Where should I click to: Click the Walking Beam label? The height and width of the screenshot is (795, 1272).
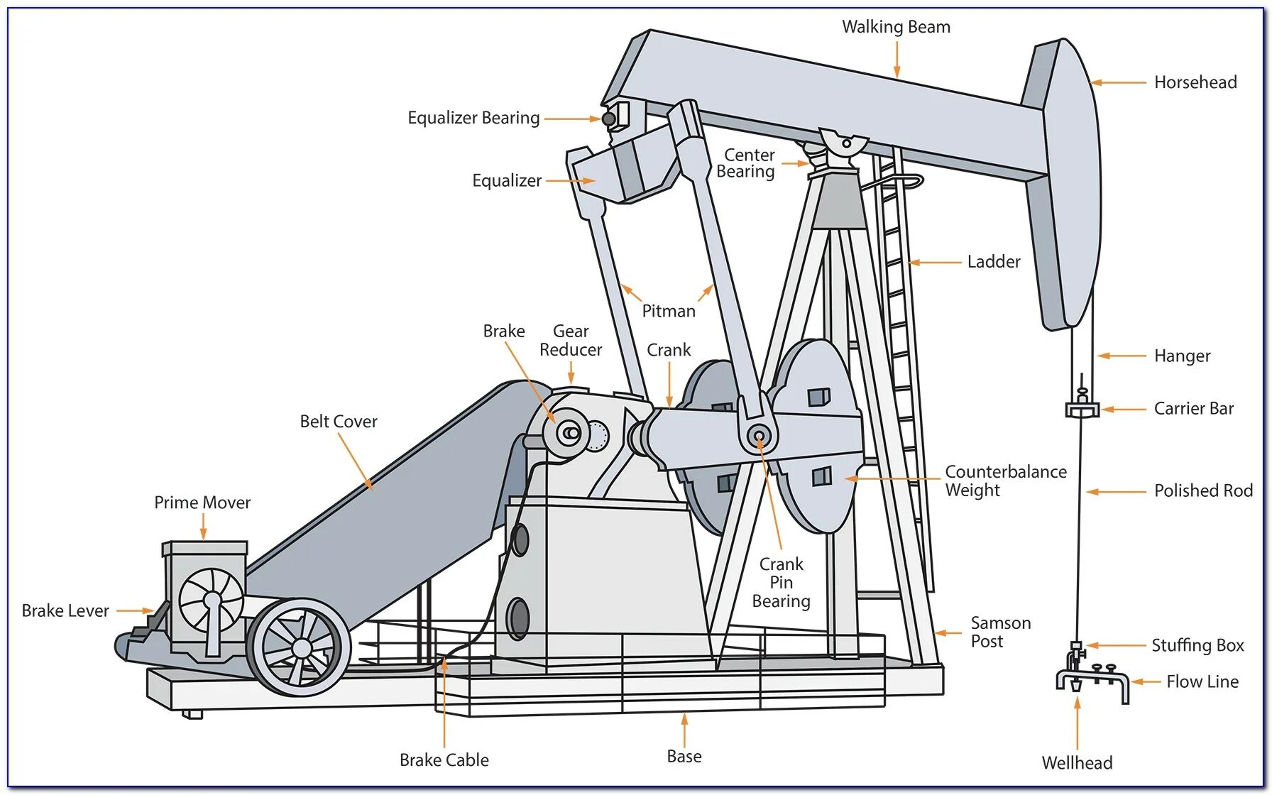(896, 27)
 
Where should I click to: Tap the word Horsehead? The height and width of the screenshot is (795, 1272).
(1195, 82)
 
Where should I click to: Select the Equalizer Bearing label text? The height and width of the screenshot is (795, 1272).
(473, 118)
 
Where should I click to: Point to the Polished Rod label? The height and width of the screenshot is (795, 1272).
(1203, 490)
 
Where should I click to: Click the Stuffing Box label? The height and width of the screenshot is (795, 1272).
(1197, 645)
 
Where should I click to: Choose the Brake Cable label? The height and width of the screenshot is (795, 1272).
(444, 760)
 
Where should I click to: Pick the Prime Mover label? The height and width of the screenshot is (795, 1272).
(202, 503)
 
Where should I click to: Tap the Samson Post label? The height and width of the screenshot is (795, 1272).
(1000, 632)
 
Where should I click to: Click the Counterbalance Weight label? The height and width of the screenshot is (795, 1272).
(1005, 481)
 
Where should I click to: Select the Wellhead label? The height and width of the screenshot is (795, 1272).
(1077, 763)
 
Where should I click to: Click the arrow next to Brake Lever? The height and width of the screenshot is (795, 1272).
(135, 610)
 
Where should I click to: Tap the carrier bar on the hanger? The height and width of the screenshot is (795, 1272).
(1082, 410)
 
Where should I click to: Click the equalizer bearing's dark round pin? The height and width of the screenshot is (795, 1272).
(608, 119)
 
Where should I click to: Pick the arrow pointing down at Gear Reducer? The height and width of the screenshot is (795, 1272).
(571, 372)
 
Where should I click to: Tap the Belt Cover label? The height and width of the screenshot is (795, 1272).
(339, 422)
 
